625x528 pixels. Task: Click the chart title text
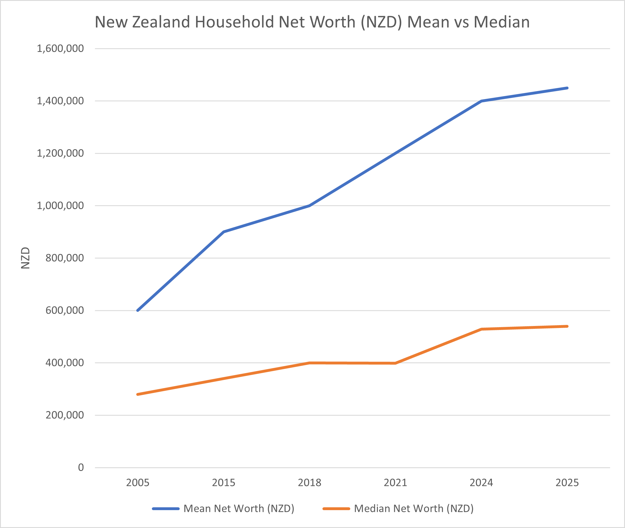click(x=312, y=22)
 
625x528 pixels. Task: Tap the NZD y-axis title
click(x=26, y=258)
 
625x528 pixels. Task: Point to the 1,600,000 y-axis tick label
click(x=60, y=48)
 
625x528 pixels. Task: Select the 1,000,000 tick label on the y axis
click(x=60, y=205)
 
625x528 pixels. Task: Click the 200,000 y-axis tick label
click(x=64, y=415)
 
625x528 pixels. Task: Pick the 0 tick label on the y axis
click(x=81, y=467)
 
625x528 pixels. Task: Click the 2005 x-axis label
click(x=137, y=483)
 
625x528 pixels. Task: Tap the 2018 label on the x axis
click(x=309, y=483)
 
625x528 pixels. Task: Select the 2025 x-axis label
click(x=567, y=483)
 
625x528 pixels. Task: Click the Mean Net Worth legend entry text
click(x=239, y=508)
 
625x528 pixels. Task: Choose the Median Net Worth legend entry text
click(x=414, y=508)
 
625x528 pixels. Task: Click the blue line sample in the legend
click(x=165, y=508)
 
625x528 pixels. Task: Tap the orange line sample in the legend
click(x=336, y=508)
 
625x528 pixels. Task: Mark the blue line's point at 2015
click(x=224, y=232)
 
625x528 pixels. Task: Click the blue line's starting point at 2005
click(x=138, y=310)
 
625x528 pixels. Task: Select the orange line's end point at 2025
click(x=567, y=326)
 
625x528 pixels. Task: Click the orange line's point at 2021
click(x=395, y=363)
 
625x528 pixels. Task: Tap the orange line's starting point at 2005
click(x=138, y=394)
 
